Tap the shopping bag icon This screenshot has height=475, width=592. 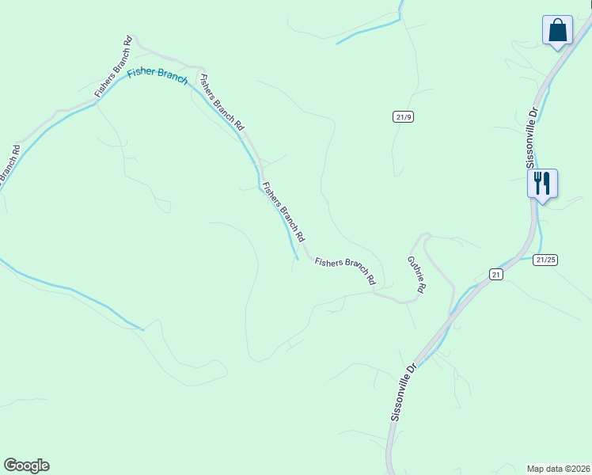(557, 31)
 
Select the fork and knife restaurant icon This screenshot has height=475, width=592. (542, 184)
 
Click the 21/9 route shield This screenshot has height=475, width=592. (403, 116)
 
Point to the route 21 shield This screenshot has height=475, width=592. (495, 274)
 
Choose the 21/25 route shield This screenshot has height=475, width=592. (545, 259)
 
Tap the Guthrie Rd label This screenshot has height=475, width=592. (416, 274)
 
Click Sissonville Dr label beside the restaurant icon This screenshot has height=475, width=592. (533, 135)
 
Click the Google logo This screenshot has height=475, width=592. (26, 465)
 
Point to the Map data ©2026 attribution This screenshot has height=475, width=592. (559, 468)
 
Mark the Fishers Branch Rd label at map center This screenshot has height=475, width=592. (283, 211)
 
